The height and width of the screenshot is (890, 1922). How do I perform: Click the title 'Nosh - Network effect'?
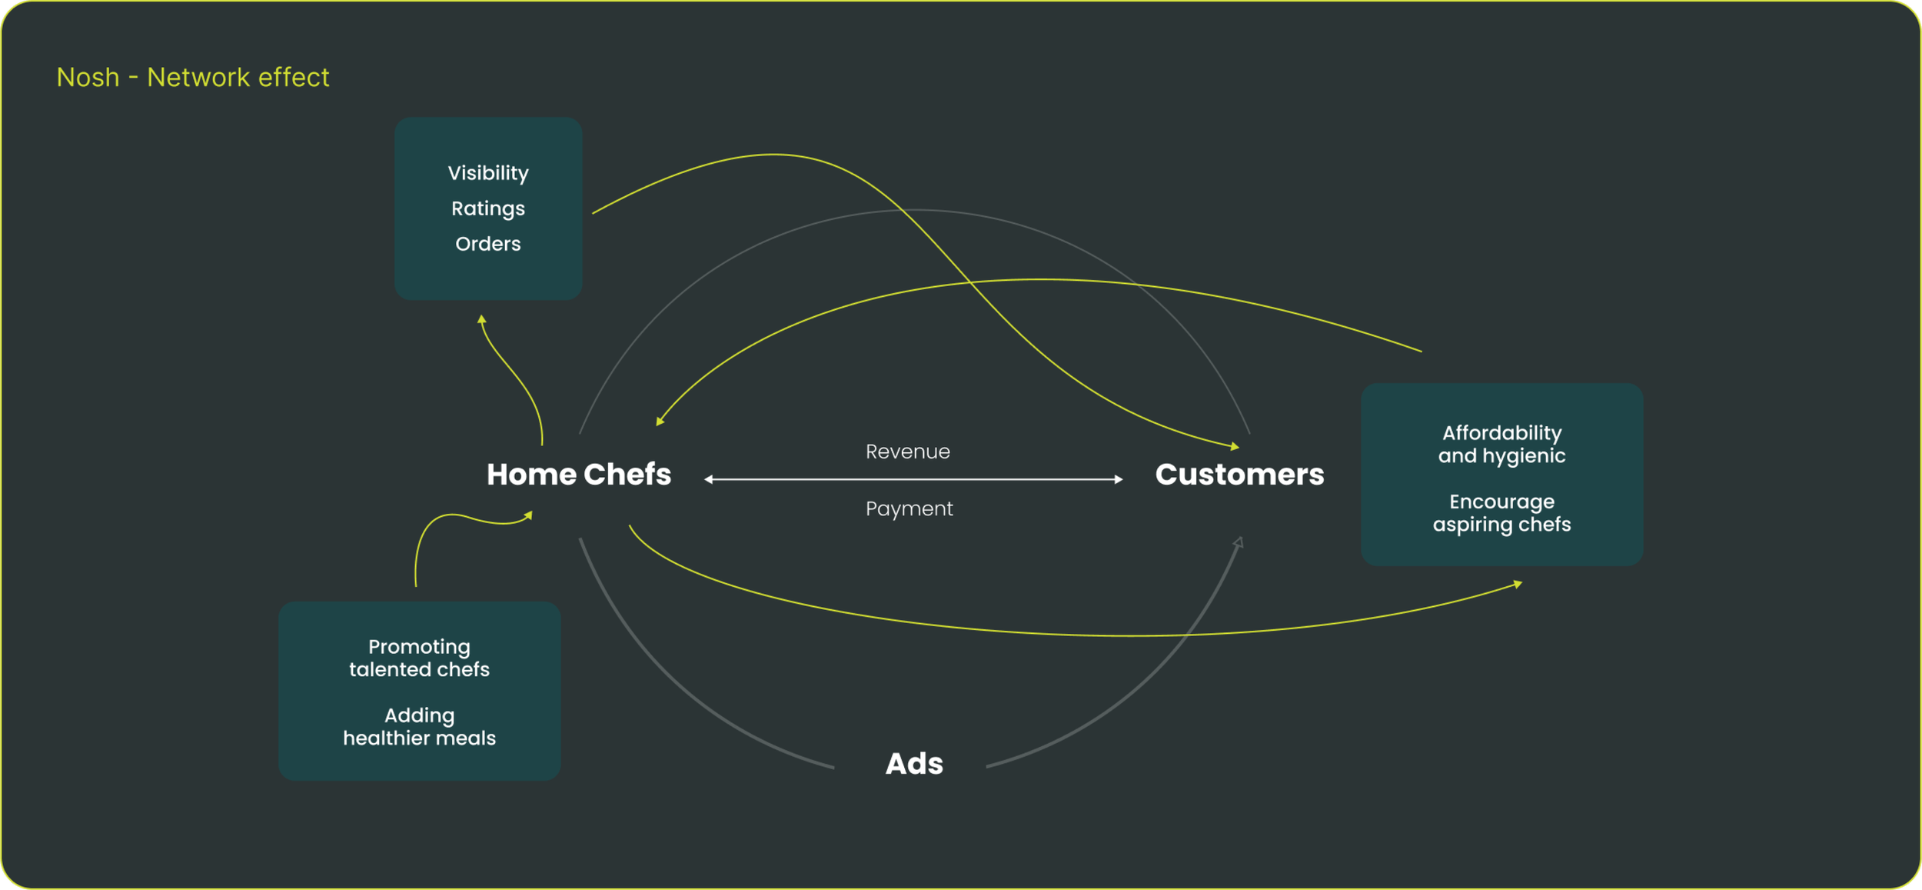[x=192, y=78]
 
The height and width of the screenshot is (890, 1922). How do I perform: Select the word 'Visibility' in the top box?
[x=488, y=173]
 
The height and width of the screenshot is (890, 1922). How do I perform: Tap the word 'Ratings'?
[x=488, y=208]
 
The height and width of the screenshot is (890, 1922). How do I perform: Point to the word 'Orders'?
[x=488, y=244]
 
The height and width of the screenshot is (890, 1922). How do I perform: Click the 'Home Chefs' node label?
[x=579, y=475]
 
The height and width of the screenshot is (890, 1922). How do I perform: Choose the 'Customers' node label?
[x=1239, y=475]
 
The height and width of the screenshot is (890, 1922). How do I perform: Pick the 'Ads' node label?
[x=914, y=764]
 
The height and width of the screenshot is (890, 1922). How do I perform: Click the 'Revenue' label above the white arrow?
[x=908, y=452]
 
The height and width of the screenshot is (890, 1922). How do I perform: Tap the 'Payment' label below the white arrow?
[x=909, y=508]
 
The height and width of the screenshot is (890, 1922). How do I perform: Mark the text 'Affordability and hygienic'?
[x=1501, y=444]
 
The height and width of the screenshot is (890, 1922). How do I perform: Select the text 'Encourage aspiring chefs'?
[x=1501, y=513]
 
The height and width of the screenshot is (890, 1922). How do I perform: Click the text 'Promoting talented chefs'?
[x=419, y=658]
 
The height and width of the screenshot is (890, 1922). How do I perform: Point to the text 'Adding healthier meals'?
[x=419, y=727]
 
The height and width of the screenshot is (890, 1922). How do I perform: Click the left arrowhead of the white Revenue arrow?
[x=708, y=479]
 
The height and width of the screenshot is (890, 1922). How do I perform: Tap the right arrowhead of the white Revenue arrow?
[x=1119, y=479]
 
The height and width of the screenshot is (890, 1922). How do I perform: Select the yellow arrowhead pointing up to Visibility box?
[x=481, y=318]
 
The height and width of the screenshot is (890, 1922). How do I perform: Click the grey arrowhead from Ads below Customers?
[x=1239, y=542]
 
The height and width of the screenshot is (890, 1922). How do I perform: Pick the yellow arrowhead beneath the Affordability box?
[x=1518, y=585]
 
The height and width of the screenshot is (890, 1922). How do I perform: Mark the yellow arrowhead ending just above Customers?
[x=1235, y=446]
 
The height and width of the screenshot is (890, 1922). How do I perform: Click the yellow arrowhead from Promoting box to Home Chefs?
[x=528, y=515]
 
